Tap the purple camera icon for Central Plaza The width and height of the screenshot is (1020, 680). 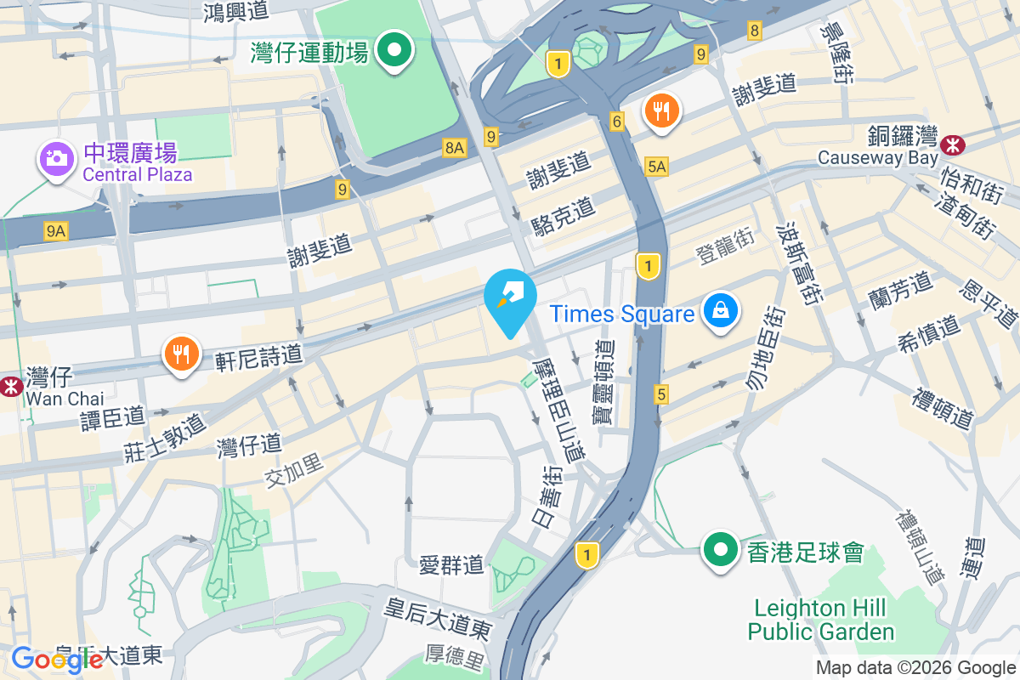[x=56, y=158]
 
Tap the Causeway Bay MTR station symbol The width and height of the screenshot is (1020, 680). [x=953, y=144]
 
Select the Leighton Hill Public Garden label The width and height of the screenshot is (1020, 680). [x=820, y=620]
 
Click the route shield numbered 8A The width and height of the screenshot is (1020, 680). [x=455, y=148]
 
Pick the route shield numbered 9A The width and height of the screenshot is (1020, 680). [x=56, y=230]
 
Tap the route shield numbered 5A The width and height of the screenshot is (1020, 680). [x=656, y=167]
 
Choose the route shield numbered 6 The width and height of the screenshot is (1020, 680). [x=618, y=122]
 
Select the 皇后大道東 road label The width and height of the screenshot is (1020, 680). [x=438, y=618]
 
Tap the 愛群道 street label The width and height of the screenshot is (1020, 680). [x=451, y=564]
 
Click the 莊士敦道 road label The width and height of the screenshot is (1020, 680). [x=165, y=435]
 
